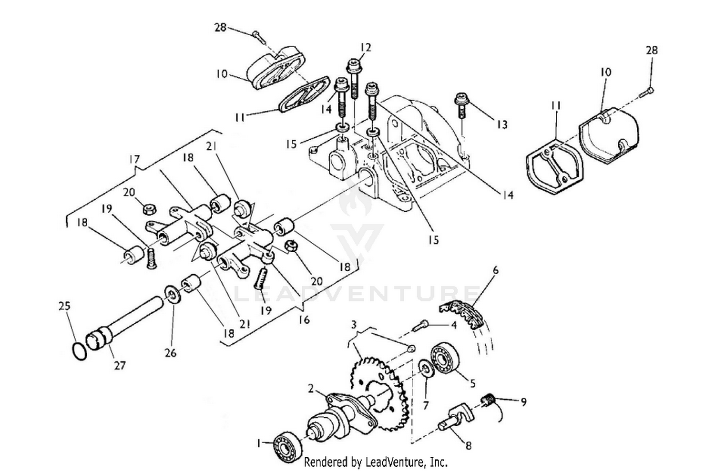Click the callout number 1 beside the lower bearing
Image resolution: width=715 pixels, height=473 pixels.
click(x=259, y=443)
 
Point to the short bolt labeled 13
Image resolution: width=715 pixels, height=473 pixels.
click(x=461, y=105)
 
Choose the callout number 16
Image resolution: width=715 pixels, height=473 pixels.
click(x=304, y=319)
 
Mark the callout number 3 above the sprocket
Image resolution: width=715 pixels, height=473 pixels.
click(x=354, y=325)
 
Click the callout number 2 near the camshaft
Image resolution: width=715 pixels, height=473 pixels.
click(x=311, y=389)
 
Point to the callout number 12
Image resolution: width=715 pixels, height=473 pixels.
click(x=366, y=47)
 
